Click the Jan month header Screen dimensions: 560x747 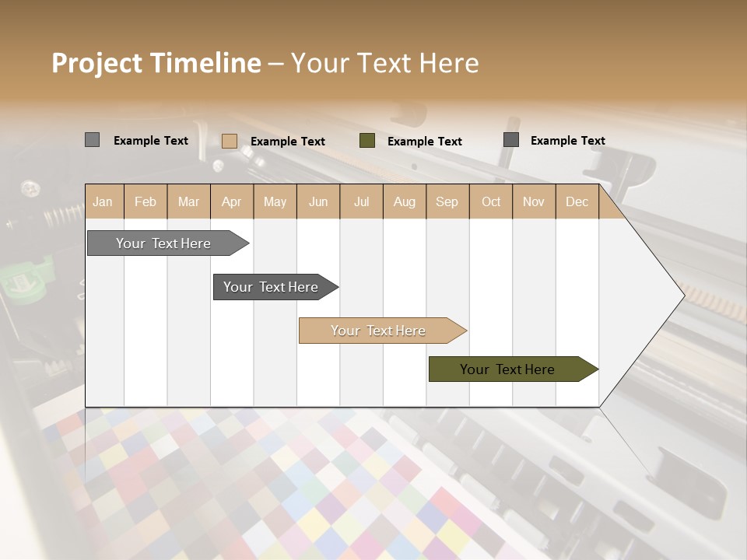[x=103, y=201]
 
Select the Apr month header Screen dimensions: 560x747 [x=231, y=201]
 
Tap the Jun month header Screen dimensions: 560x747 [x=318, y=201]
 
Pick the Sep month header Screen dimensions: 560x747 [x=447, y=201]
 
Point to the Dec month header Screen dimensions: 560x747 [x=577, y=201]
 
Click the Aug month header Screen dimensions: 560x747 [x=404, y=201]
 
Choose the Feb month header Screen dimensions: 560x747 [x=146, y=201]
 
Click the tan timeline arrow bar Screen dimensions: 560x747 [x=379, y=331]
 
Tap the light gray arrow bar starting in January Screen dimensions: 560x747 [x=164, y=243]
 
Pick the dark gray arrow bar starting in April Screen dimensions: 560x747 [x=272, y=287]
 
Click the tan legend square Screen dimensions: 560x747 [x=229, y=141]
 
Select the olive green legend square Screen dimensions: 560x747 [x=367, y=141]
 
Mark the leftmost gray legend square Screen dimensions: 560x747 [x=92, y=140]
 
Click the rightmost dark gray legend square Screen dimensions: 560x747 [x=511, y=140]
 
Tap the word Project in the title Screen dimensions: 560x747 [x=96, y=63]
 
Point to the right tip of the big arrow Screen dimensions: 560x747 [x=682, y=295]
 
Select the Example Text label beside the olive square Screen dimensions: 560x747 [x=424, y=141]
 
